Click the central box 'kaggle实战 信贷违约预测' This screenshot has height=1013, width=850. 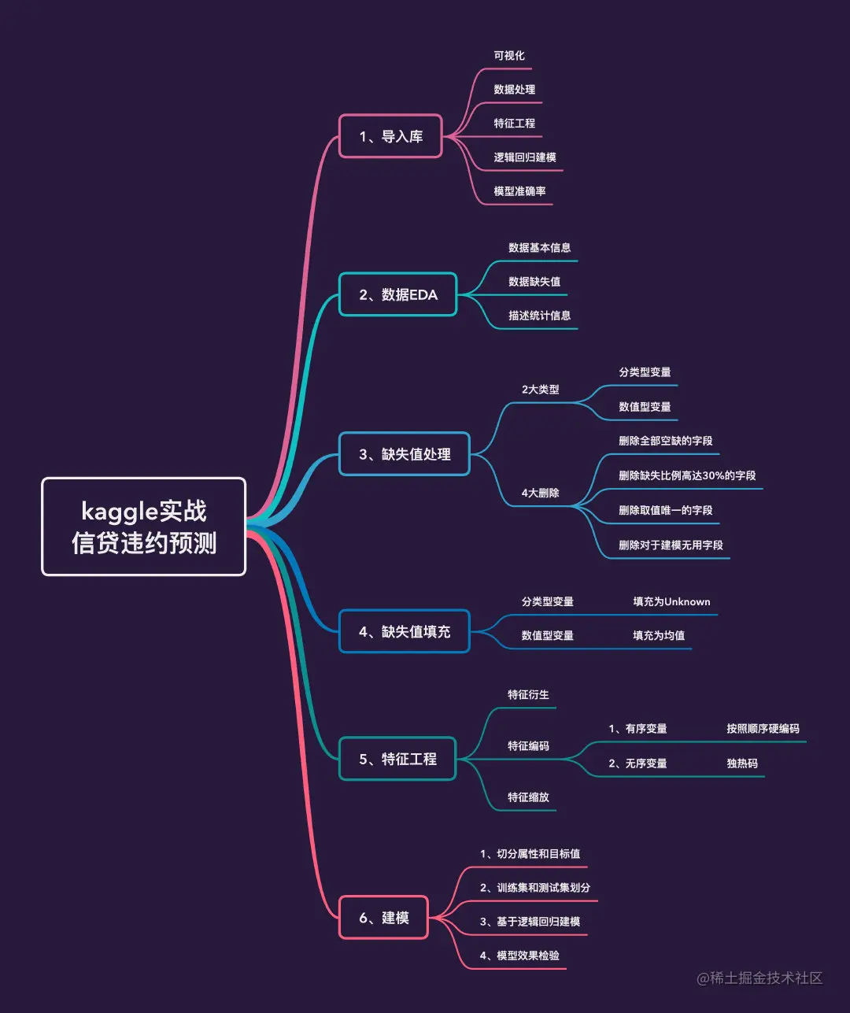tap(143, 527)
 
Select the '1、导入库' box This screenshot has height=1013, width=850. tap(390, 136)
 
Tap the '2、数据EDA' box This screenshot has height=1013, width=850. tap(397, 294)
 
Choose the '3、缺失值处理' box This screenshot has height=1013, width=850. tap(404, 454)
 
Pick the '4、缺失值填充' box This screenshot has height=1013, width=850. tap(404, 631)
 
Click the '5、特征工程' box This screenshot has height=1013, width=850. tap(397, 759)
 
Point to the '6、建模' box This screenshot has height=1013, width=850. tap(383, 918)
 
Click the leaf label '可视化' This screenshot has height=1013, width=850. tap(509, 56)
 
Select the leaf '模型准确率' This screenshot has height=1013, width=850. tap(519, 191)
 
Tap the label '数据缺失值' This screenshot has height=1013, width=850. tap(534, 282)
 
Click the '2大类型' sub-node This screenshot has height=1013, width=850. tap(540, 390)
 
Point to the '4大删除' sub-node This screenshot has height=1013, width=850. tap(540, 493)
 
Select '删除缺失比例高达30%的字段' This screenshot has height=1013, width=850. tap(687, 475)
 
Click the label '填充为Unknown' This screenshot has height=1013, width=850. tap(671, 601)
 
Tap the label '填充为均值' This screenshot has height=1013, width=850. tap(659, 635)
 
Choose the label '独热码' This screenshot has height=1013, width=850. tap(742, 763)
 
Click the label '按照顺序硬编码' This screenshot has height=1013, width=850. tap(763, 729)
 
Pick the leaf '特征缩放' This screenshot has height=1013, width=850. tap(528, 797)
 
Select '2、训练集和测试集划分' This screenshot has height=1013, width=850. tap(535, 888)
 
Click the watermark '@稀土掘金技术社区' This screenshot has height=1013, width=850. tap(759, 978)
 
